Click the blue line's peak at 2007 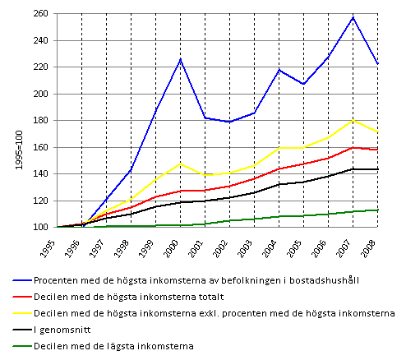tap(353, 17)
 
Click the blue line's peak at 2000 tap(181, 59)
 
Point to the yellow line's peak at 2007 tap(353, 120)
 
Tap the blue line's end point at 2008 tap(378, 64)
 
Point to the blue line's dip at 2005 tap(304, 84)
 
